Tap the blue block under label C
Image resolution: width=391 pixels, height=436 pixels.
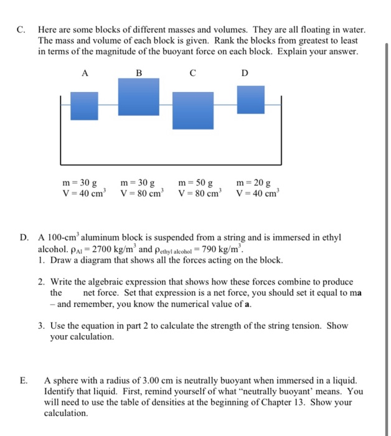pos(192,112)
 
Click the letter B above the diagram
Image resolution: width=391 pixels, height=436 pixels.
pos(139,73)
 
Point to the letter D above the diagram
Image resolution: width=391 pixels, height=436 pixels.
pos(244,73)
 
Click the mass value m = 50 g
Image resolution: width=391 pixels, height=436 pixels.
pos(195,183)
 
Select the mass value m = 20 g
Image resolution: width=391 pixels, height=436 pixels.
pos(253,183)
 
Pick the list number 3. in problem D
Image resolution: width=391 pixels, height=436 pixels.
pos(41,326)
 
